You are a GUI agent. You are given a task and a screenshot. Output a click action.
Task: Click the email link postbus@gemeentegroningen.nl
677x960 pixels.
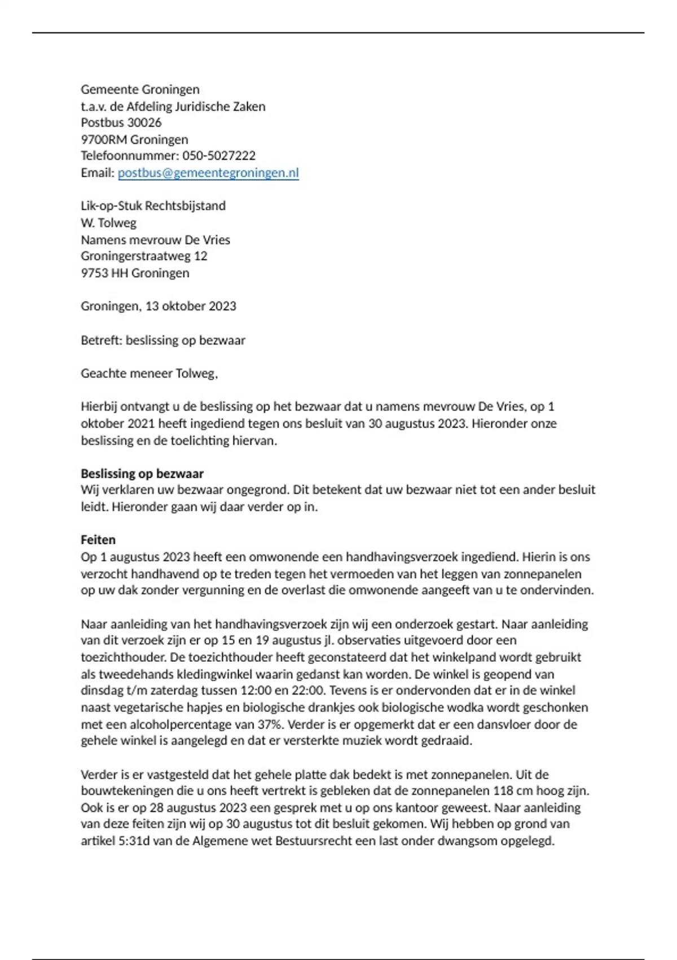[x=208, y=173]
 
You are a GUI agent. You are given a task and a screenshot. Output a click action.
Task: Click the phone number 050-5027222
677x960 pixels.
[x=219, y=156]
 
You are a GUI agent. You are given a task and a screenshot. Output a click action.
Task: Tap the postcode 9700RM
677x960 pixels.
[x=104, y=139]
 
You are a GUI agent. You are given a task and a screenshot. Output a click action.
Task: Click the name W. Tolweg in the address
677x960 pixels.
[x=108, y=223]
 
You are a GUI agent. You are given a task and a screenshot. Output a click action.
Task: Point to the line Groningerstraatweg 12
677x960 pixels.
[x=144, y=256]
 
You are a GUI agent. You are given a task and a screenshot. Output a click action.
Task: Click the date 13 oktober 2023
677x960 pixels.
[x=191, y=306]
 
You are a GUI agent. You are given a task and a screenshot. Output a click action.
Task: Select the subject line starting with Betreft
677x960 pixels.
[x=162, y=341]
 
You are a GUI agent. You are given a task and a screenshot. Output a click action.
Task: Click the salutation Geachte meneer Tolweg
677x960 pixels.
[x=149, y=373]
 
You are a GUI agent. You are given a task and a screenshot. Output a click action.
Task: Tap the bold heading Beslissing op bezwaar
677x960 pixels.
[x=142, y=474]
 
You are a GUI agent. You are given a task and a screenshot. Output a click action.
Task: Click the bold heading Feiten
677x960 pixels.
[x=98, y=540]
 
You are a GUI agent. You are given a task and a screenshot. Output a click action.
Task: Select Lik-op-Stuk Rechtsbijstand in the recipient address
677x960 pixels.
[x=153, y=206]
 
